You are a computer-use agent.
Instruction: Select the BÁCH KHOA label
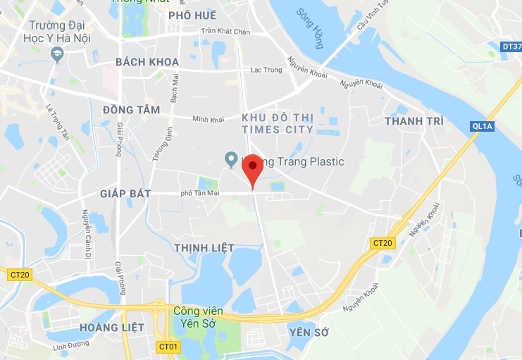point(147,62)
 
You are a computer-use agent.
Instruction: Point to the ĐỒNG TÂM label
point(131,110)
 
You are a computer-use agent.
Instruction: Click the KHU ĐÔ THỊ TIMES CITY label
point(277,123)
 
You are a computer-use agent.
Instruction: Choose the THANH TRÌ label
point(414,121)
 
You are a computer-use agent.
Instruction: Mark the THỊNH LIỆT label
point(198,247)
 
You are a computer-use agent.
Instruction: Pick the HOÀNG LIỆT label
point(112,327)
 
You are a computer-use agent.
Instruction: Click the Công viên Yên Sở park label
point(199,317)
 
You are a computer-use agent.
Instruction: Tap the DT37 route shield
point(511,46)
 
